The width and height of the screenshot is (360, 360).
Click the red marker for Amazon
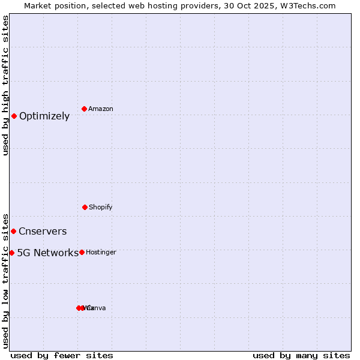[x=85, y=109]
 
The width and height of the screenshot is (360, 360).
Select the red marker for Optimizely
[x=14, y=116]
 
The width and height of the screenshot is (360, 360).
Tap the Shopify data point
[x=85, y=207]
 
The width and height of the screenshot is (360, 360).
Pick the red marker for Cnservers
[x=14, y=231]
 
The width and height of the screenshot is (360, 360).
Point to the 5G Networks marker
[x=11, y=253]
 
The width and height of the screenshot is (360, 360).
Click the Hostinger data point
[x=82, y=252]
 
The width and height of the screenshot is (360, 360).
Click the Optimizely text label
[x=44, y=116]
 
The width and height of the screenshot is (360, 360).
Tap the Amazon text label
[x=101, y=109]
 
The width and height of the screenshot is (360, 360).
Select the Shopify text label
[x=101, y=208]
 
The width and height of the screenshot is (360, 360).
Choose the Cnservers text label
[x=43, y=232]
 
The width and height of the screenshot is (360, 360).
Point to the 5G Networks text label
[x=47, y=253]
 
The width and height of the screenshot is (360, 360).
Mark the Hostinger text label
[x=101, y=253]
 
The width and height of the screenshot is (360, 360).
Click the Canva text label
[x=97, y=308]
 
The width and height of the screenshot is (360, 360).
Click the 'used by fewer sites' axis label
[x=62, y=355]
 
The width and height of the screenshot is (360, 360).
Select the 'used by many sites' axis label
[x=301, y=355]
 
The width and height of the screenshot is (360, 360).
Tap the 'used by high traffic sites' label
[x=6, y=85]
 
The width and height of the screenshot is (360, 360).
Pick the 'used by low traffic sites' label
[x=6, y=280]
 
